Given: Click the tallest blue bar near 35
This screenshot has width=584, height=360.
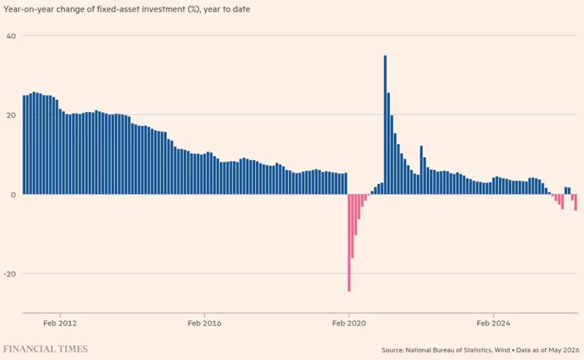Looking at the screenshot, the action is [385, 125].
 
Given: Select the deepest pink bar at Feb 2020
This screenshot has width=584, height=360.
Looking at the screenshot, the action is [349, 243].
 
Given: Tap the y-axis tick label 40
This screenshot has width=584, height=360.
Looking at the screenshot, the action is [11, 36].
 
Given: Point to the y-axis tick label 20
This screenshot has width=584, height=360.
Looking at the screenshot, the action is [11, 115].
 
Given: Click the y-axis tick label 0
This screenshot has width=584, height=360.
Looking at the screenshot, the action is [13, 195].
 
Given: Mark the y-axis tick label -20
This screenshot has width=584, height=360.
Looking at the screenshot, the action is [10, 274].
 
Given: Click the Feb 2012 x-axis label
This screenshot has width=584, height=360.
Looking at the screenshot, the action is [60, 323].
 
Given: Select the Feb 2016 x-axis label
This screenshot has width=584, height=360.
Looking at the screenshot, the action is [204, 323].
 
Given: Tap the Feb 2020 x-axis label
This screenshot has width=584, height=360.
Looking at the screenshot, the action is [349, 323].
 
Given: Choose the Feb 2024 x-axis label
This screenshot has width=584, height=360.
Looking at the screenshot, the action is [493, 323].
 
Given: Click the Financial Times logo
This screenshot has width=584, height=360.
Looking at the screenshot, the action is [46, 349].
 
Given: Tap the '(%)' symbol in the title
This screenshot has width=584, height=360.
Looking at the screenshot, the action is [193, 9].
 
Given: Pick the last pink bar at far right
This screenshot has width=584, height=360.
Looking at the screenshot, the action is [575, 202].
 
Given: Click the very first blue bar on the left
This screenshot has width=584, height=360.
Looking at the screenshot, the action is [24, 144].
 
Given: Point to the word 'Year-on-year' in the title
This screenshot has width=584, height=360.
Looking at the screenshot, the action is [27, 9].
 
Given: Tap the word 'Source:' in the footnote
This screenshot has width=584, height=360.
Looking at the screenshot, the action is [392, 350].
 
